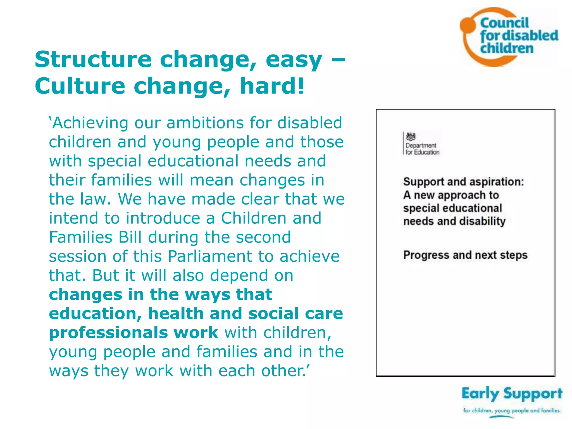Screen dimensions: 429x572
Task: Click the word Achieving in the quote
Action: click(x=89, y=123)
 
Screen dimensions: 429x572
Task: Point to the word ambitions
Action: click(x=205, y=123)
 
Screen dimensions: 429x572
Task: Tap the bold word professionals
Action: click(x=108, y=333)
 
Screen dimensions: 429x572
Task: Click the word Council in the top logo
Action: click(x=504, y=23)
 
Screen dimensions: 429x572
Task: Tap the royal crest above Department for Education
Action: click(x=411, y=137)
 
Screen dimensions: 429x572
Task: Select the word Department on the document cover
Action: click(x=421, y=146)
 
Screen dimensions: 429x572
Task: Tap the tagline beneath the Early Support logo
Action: click(x=511, y=411)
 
